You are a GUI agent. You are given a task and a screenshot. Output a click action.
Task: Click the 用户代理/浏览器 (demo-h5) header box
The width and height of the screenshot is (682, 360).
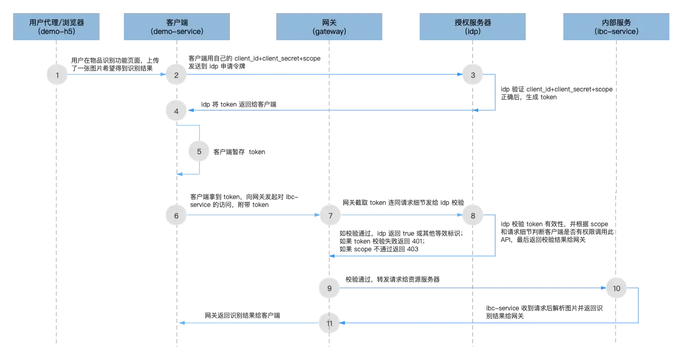[56, 27]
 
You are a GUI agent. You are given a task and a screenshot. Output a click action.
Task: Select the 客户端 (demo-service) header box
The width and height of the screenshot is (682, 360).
[176, 27]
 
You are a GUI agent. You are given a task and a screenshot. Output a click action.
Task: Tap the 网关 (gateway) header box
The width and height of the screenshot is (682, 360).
[330, 27]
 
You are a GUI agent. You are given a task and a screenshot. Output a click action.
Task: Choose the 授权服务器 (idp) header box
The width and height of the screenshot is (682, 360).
[472, 27]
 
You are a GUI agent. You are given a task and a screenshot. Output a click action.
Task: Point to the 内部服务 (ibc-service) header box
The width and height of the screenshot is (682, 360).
[615, 27]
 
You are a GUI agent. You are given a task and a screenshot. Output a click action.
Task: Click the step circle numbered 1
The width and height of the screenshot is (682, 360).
[57, 75]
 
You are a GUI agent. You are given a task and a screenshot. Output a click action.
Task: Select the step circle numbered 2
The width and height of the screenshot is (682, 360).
[176, 75]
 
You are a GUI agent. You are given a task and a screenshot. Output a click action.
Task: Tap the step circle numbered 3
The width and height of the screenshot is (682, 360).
[473, 75]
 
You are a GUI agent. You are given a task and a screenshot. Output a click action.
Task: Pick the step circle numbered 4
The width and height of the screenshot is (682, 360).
[176, 111]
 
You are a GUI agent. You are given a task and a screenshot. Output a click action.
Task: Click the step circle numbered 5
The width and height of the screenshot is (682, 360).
[199, 152]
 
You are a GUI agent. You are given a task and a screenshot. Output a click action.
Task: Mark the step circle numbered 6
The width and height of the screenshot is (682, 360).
[176, 215]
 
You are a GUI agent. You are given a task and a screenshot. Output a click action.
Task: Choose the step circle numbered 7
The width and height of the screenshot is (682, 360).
[329, 215]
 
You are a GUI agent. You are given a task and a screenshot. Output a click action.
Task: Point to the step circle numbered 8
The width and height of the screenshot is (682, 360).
[473, 215]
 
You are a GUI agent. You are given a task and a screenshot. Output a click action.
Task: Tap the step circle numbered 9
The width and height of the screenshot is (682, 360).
[329, 288]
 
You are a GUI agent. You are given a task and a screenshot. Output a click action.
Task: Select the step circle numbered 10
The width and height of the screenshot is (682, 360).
[616, 288]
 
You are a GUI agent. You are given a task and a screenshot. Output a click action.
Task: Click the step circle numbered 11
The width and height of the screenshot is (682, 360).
[329, 323]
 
